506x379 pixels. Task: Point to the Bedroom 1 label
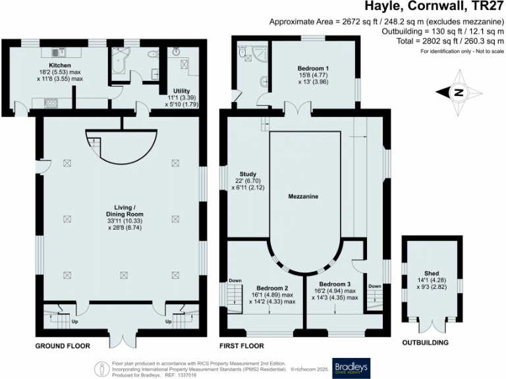tap(313, 69)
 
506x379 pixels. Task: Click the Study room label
tap(248, 174)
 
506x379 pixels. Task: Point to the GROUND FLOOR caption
tap(63, 345)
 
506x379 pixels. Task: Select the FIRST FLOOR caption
tap(242, 345)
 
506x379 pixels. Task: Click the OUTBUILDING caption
tap(426, 343)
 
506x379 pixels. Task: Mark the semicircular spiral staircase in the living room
tap(109, 146)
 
